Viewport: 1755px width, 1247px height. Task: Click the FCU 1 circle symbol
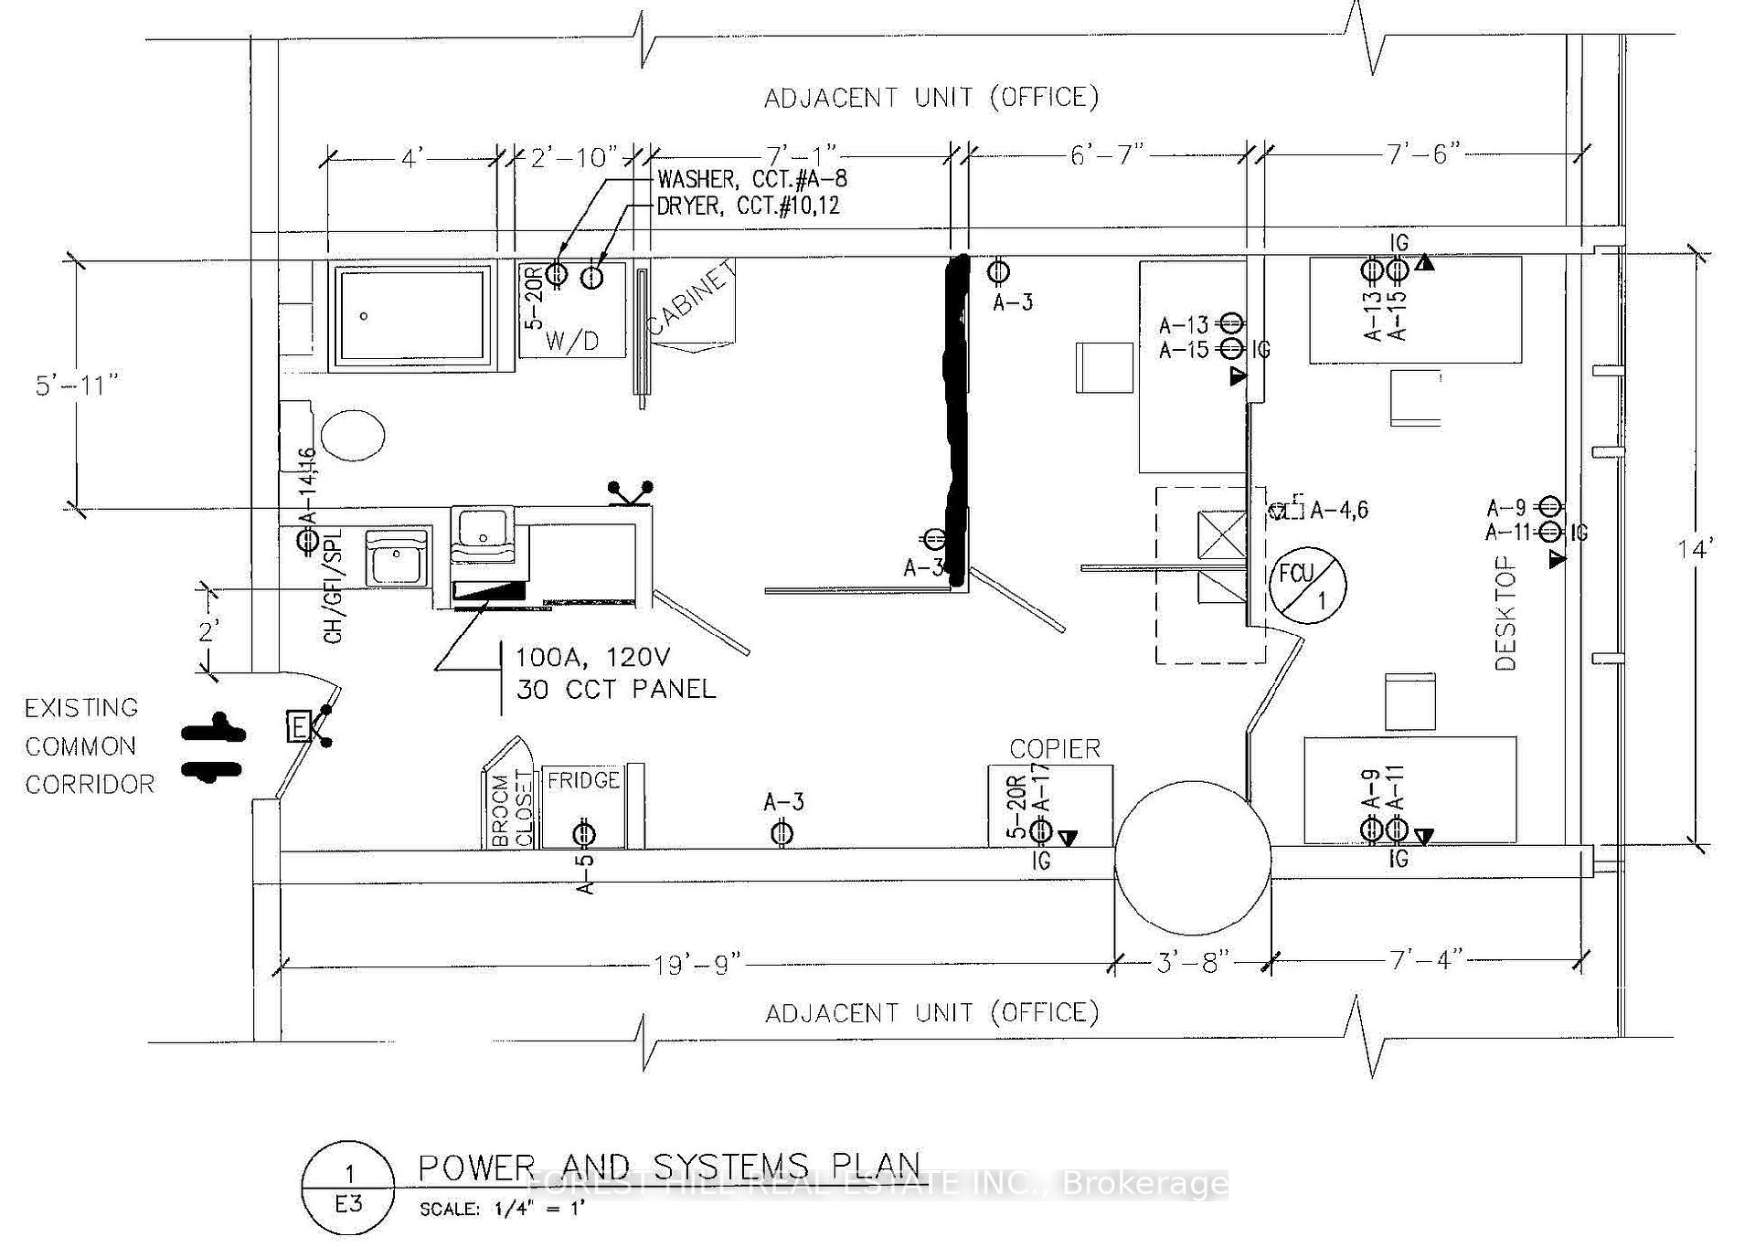pyautogui.click(x=1307, y=586)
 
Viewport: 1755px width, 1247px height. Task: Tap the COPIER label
pyautogui.click(x=1055, y=749)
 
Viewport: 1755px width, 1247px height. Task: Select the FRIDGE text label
pyautogui.click(x=583, y=780)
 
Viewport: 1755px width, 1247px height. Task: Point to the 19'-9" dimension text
pyautogui.click(x=697, y=965)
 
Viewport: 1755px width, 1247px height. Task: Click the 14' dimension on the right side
pyautogui.click(x=1695, y=550)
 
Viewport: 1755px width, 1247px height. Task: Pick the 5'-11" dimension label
pyautogui.click(x=77, y=385)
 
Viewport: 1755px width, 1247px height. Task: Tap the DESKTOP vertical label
pyautogui.click(x=1505, y=614)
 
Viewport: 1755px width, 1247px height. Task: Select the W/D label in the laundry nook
pyautogui.click(x=572, y=342)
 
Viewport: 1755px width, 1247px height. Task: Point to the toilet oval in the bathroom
pyautogui.click(x=354, y=435)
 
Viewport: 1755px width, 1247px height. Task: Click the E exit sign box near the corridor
pyautogui.click(x=299, y=727)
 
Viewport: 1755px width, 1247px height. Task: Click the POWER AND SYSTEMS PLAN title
pyautogui.click(x=669, y=1168)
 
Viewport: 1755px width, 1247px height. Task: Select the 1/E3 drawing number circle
pyautogui.click(x=347, y=1188)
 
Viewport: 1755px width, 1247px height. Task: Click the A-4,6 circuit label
pyautogui.click(x=1339, y=510)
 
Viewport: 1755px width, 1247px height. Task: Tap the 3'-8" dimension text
pyautogui.click(x=1194, y=964)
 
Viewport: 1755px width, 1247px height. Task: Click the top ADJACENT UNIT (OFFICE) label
pyautogui.click(x=931, y=98)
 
